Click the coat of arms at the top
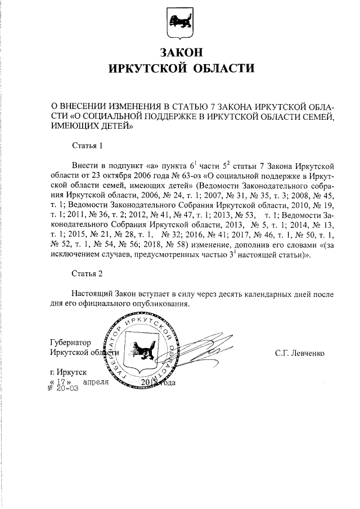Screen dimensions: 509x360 (x=179, y=21)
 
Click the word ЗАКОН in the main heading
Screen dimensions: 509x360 (x=180, y=52)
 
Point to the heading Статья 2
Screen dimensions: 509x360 (x=88, y=274)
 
